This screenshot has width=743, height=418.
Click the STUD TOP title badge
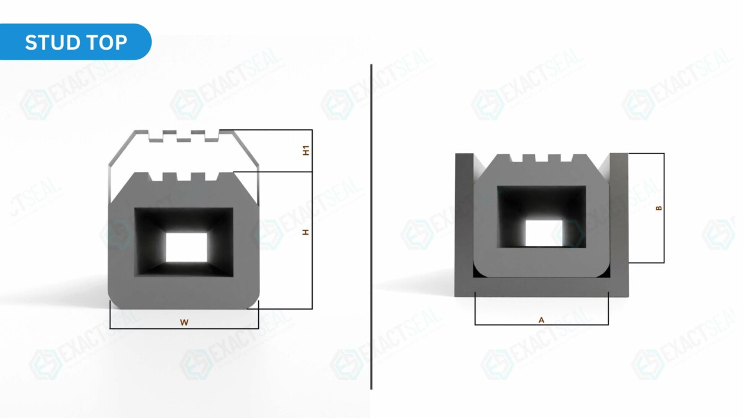(x=76, y=42)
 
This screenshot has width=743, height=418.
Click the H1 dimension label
(x=306, y=150)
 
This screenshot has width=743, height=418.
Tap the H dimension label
(x=305, y=232)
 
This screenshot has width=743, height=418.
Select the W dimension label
(x=184, y=322)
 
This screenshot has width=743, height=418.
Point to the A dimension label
(x=541, y=320)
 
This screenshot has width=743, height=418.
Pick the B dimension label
(x=658, y=208)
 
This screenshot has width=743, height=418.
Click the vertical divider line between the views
(x=371, y=248)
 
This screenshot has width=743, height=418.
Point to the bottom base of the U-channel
(x=542, y=287)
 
